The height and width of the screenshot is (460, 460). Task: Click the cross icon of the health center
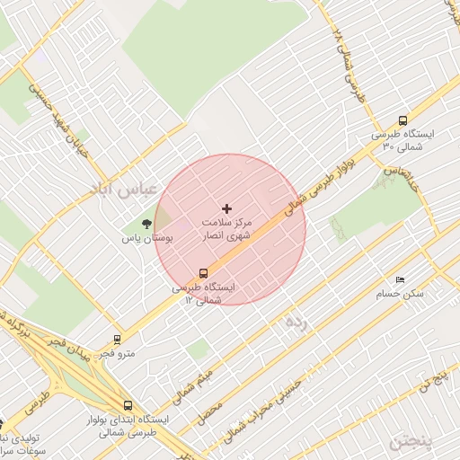coord(226,208)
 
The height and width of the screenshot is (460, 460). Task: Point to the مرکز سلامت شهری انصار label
coord(227,227)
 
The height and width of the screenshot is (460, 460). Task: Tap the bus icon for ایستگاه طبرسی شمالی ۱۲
coord(204,272)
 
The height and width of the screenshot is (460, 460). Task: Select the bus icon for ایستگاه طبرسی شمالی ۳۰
coord(402,120)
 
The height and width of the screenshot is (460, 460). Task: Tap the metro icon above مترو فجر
coord(117,340)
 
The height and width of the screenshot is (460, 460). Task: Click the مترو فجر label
coord(117,354)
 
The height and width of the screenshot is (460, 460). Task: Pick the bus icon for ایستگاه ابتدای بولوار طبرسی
coord(127,405)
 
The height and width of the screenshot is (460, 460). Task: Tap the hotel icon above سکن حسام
coord(400,279)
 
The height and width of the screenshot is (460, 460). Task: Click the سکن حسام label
coord(400,294)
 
